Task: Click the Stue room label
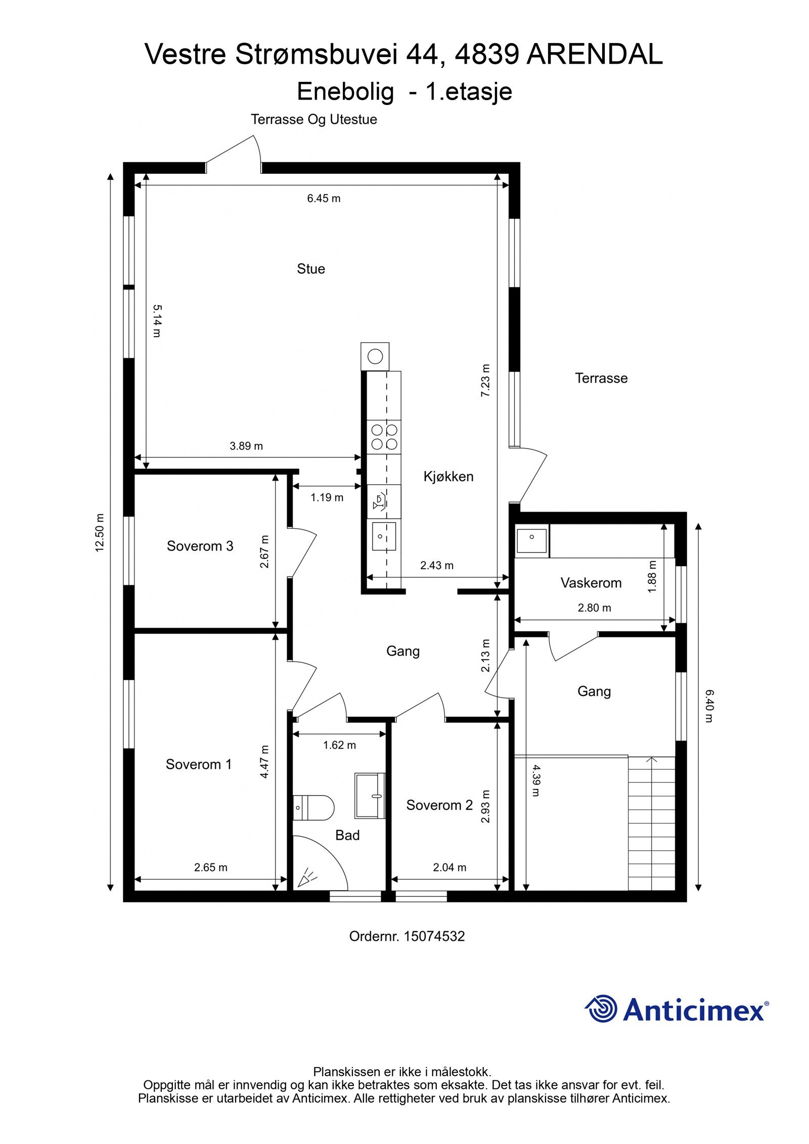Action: pyautogui.click(x=310, y=269)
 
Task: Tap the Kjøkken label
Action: pyautogui.click(x=448, y=476)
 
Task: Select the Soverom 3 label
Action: pyautogui.click(x=200, y=546)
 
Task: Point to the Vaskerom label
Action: pyautogui.click(x=591, y=583)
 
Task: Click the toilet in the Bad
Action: pyautogui.click(x=314, y=807)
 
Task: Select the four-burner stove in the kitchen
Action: pyautogui.click(x=384, y=437)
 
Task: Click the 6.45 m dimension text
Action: pyautogui.click(x=324, y=199)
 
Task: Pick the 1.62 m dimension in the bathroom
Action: pyautogui.click(x=339, y=745)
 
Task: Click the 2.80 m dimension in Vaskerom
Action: pyautogui.click(x=594, y=608)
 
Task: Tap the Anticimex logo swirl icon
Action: pyautogui.click(x=601, y=1009)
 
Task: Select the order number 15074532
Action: pyautogui.click(x=434, y=936)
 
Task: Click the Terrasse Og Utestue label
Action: pyautogui.click(x=313, y=120)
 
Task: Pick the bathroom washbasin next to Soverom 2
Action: pyautogui.click(x=370, y=796)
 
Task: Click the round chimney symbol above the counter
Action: pyautogui.click(x=375, y=356)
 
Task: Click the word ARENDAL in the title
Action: pyautogui.click(x=594, y=55)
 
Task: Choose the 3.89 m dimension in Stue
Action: pyautogui.click(x=246, y=446)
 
